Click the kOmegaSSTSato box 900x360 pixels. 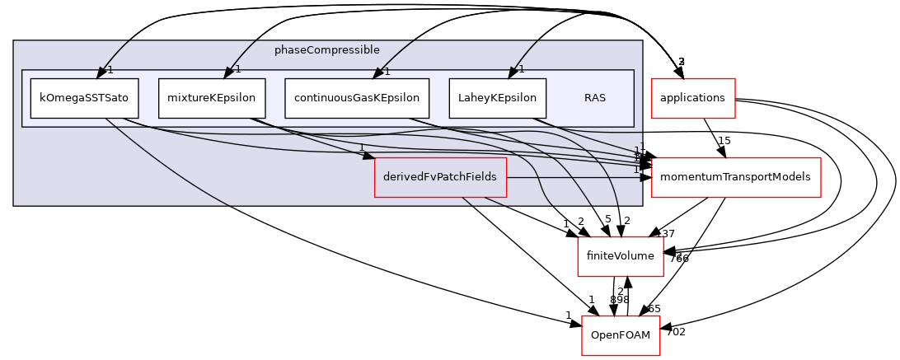pyautogui.click(x=84, y=98)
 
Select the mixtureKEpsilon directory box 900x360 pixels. pyautogui.click(x=212, y=98)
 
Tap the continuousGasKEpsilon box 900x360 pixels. pyautogui.click(x=357, y=98)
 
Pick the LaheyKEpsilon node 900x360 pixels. pyautogui.click(x=498, y=98)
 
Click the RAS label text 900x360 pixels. pyautogui.click(x=595, y=98)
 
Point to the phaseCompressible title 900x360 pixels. pyautogui.click(x=327, y=50)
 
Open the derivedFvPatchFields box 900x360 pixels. pyautogui.click(x=440, y=177)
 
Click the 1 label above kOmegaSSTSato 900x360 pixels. pyautogui.click(x=110, y=69)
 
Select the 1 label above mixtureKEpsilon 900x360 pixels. pyautogui.click(x=237, y=69)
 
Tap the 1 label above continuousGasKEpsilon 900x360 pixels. pyautogui.click(x=387, y=72)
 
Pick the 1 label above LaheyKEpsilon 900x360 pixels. pyautogui.click(x=522, y=69)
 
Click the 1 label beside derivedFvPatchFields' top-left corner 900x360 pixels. pyautogui.click(x=361, y=147)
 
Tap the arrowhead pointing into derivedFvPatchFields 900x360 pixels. pyautogui.click(x=368, y=155)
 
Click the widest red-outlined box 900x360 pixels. pyautogui.click(x=736, y=177)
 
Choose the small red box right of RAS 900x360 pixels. pyautogui.click(x=693, y=98)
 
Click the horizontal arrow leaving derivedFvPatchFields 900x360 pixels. pyautogui.click(x=577, y=177)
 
